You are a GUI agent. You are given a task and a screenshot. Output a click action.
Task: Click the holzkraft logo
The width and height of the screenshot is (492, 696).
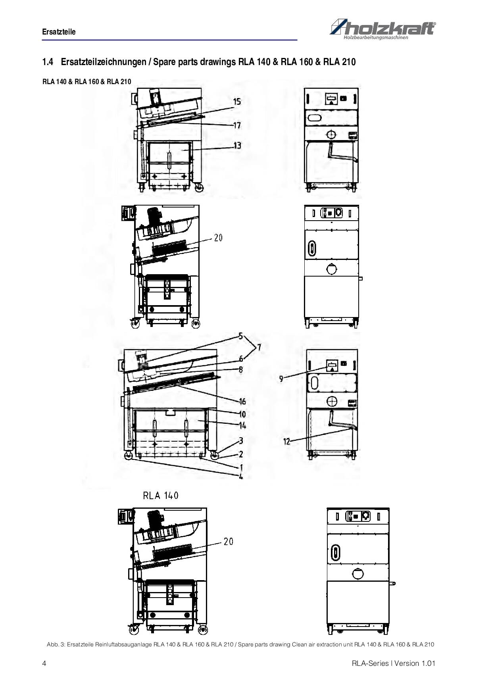coord(382,29)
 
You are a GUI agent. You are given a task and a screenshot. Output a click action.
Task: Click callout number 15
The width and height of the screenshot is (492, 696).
coord(237,102)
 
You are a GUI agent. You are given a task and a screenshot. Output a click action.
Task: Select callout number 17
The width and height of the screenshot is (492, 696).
coord(237,125)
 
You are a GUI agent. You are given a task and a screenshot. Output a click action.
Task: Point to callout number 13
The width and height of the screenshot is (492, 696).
coord(237,146)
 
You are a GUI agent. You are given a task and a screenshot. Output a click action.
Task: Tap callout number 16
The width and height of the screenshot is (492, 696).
coord(242,402)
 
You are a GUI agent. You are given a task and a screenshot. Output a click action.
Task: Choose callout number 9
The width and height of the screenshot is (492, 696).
coord(281,379)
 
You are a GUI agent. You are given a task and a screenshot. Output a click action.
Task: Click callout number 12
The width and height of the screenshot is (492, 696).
coord(287,442)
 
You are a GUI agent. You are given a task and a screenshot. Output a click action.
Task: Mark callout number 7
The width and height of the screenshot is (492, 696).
coord(259,348)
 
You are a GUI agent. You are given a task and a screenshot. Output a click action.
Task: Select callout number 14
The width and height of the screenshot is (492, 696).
coord(242,426)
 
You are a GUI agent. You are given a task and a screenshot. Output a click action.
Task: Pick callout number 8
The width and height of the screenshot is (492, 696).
coord(240,369)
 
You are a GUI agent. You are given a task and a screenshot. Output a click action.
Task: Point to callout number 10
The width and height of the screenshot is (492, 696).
coord(242,415)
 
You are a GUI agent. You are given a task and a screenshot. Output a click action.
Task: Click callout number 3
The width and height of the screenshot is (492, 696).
coord(241,441)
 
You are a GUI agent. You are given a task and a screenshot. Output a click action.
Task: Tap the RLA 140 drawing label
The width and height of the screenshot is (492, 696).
coord(161,496)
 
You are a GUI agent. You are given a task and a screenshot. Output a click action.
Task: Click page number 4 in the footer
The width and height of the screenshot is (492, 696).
coord(44,663)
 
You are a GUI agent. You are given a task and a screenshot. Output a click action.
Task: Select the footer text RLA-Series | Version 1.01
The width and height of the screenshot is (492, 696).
coord(394,663)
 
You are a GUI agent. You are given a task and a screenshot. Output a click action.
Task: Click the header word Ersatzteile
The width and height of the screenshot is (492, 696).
coord(59,32)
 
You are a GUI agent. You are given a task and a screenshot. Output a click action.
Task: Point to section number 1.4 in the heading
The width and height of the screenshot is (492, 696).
coord(48,62)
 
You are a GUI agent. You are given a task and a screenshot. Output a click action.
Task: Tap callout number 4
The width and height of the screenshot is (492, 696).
coord(241,476)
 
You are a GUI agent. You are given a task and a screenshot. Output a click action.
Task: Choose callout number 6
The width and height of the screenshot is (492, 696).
coord(241,359)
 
